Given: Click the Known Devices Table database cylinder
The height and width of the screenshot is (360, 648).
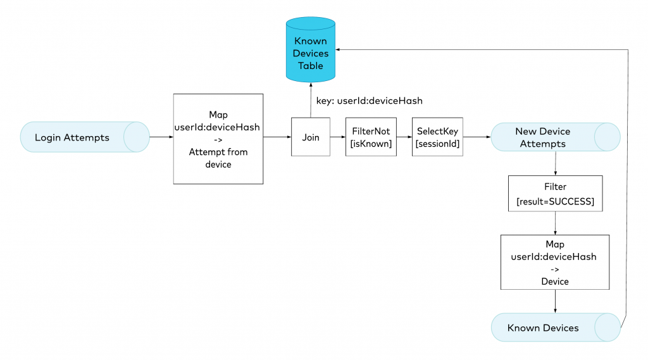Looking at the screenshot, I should [x=310, y=50].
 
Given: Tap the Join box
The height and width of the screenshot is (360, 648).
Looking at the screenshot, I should [x=311, y=137].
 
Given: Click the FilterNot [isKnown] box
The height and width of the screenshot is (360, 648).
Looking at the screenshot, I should [x=371, y=137].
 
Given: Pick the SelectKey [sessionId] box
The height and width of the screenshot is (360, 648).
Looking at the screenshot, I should [x=437, y=137].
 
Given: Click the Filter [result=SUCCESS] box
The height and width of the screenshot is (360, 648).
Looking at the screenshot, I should [x=554, y=194].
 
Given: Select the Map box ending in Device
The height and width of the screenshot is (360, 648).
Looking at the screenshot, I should [x=554, y=263].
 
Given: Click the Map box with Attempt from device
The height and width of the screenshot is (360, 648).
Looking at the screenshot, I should [x=218, y=139].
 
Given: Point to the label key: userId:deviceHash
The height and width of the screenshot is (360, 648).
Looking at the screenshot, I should [x=370, y=100].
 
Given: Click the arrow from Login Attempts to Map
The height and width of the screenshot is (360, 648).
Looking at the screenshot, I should [x=161, y=137].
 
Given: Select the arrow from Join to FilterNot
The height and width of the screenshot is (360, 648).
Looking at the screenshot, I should [x=338, y=137].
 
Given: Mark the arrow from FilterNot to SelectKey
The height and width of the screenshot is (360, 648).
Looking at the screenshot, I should [x=404, y=137].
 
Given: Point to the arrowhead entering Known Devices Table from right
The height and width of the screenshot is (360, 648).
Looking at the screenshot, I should [x=340, y=49].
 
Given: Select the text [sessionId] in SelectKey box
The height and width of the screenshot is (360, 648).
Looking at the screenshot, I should [x=437, y=144].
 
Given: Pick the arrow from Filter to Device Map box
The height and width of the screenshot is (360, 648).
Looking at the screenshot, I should [x=555, y=223].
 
